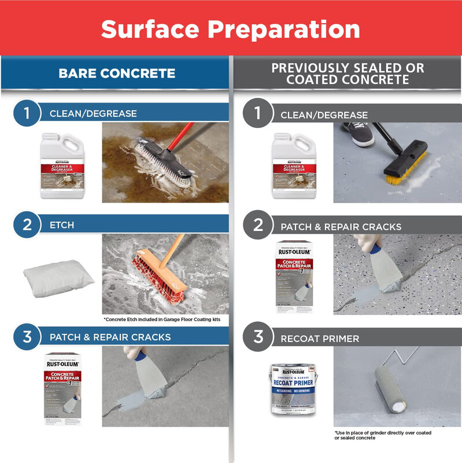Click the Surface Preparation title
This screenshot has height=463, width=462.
click(x=231, y=28)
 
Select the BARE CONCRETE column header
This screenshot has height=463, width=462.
click(x=117, y=74)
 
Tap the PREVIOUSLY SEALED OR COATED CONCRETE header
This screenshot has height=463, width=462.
click(x=348, y=74)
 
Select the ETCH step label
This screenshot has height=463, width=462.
click(x=62, y=225)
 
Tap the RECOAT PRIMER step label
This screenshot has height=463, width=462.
click(x=320, y=338)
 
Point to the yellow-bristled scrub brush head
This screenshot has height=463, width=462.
click(x=404, y=165)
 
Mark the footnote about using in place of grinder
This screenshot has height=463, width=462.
click(x=383, y=435)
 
